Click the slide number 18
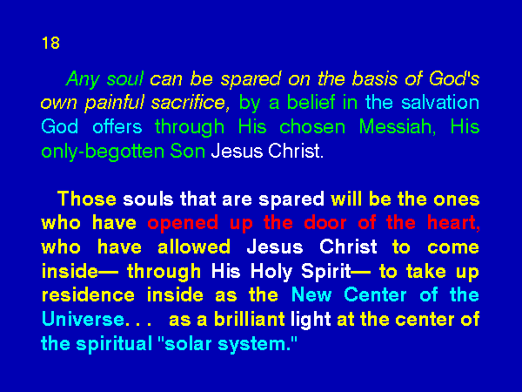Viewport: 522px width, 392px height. (x=50, y=43)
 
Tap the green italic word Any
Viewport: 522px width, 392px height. (x=84, y=80)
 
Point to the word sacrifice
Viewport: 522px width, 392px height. (x=190, y=102)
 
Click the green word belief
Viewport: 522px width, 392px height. (x=311, y=102)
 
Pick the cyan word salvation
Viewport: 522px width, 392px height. (x=440, y=102)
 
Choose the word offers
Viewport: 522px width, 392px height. (x=117, y=126)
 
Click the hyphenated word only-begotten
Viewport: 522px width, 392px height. (x=103, y=152)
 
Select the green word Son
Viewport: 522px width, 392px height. (x=187, y=151)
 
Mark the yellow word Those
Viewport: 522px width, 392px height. (x=87, y=199)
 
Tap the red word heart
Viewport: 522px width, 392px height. (x=454, y=223)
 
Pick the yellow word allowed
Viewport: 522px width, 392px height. (x=194, y=247)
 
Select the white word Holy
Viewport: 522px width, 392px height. (x=271, y=272)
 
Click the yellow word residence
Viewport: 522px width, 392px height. (x=88, y=295)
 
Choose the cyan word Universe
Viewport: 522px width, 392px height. (x=84, y=319)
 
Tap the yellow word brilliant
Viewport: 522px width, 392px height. (x=250, y=319)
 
